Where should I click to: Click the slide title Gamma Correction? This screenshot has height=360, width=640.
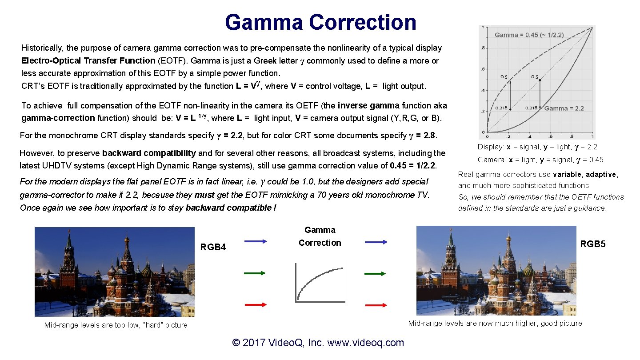tap(320, 22)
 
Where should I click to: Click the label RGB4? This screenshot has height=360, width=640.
tap(213, 247)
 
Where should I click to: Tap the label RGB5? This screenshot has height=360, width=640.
tap(593, 244)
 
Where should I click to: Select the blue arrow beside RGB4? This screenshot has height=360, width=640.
tap(256, 241)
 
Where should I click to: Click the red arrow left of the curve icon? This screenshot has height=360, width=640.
tap(256, 305)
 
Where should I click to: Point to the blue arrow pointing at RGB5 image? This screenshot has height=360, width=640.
tap(376, 242)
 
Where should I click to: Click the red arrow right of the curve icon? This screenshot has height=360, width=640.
tap(376, 305)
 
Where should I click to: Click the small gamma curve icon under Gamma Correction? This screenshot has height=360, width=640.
tap(320, 283)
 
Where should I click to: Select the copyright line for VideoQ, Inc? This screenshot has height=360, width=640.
tap(318, 343)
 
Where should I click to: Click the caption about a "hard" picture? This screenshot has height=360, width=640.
tap(116, 325)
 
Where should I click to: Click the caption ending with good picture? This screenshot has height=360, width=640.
tap(495, 323)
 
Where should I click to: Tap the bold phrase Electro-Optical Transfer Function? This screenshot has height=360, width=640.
tap(88, 60)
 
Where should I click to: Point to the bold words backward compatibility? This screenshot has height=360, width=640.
tap(149, 153)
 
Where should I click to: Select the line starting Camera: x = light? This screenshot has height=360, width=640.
tap(540, 160)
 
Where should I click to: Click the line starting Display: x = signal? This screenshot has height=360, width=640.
tap(537, 147)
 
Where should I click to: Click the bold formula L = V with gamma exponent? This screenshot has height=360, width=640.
tap(248, 85)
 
